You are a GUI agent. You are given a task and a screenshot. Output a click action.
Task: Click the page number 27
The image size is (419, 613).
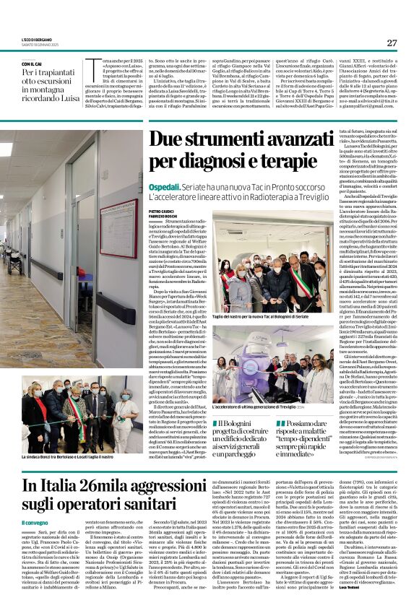[x=392, y=43]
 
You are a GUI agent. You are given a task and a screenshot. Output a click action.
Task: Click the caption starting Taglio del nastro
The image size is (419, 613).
[x=263, y=318]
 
